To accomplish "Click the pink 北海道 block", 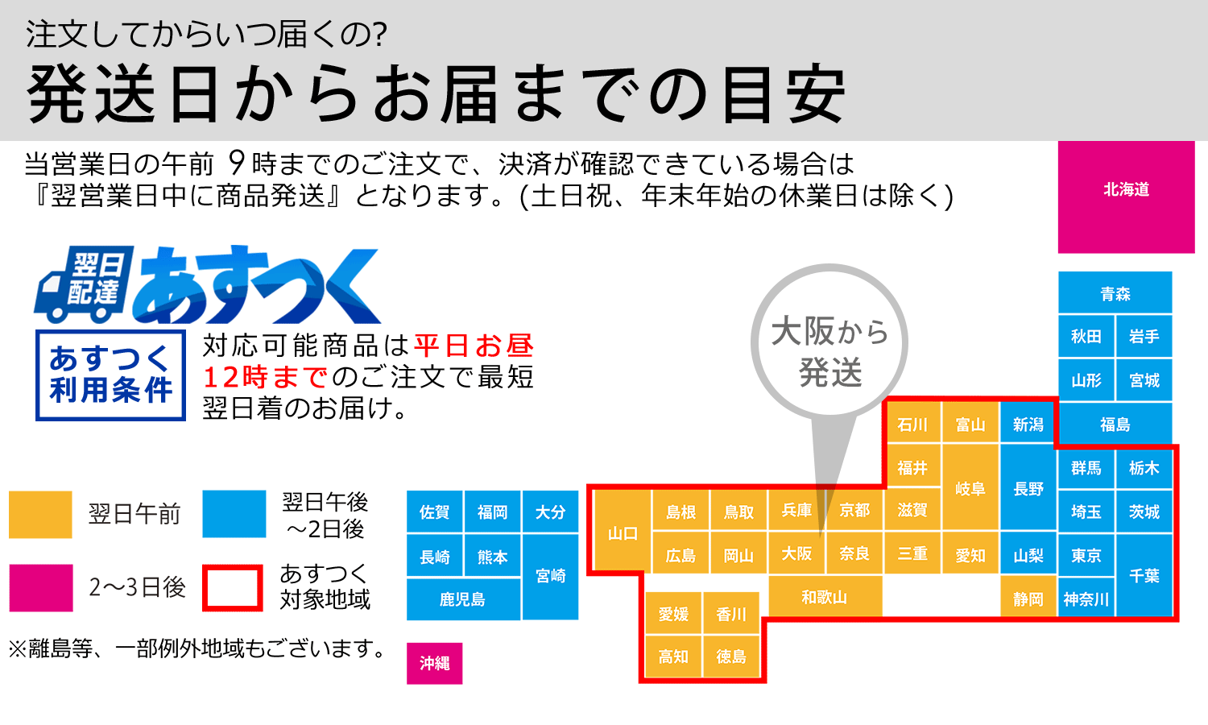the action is pos(1126,197).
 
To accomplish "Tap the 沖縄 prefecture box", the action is pos(434,663).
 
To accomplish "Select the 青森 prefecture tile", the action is pos(1115,292).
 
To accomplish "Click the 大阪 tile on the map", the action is pos(796,553).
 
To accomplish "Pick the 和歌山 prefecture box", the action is pos(825,597).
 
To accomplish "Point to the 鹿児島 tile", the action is pos(463,599).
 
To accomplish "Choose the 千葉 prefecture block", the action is pos(1144,575).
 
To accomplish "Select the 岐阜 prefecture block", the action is pos(970,487).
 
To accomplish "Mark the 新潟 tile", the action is pos(1028,424).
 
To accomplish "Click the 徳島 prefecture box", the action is pos(731,656).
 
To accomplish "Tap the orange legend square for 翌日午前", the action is pos(40,514).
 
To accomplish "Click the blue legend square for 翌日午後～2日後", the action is pos(234,514).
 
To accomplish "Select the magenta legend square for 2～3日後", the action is pos(41,587).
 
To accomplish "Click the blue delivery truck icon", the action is pos(84,284).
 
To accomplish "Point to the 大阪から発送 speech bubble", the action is pos(829,346).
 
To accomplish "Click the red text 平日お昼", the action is pos(474,346).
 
